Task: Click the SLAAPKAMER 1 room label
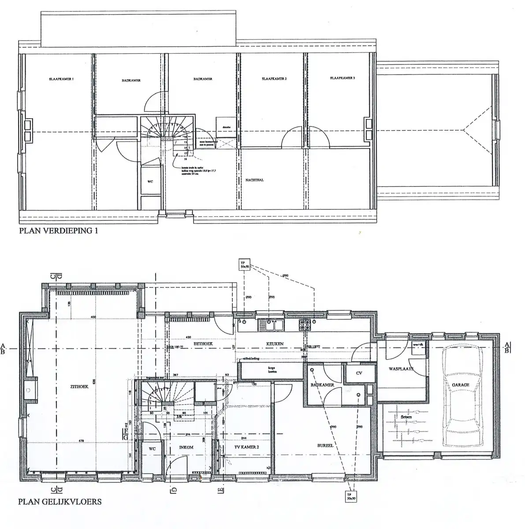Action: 61,79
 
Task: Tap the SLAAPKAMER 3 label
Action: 342,78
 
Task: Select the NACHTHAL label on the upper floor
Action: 254,180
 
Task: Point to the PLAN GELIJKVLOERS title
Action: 60,501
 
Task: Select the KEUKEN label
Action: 274,344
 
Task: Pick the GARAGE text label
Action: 460,385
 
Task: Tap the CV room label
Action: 359,373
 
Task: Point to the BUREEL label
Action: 325,445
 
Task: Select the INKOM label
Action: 186,447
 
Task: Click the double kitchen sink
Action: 271,325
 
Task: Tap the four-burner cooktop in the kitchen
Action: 305,325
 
